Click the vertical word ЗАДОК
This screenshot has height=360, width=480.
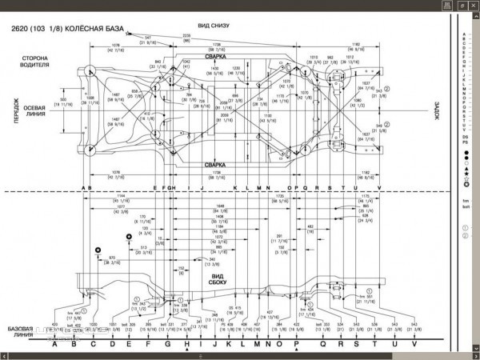point(438,111)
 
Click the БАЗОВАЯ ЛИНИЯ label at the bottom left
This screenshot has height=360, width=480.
point(21,331)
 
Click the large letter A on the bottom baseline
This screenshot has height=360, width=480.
point(54,345)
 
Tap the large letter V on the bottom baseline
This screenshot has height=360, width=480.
point(414,345)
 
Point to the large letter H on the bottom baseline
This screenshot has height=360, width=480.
point(186,345)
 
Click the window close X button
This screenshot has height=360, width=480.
point(471,5)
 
